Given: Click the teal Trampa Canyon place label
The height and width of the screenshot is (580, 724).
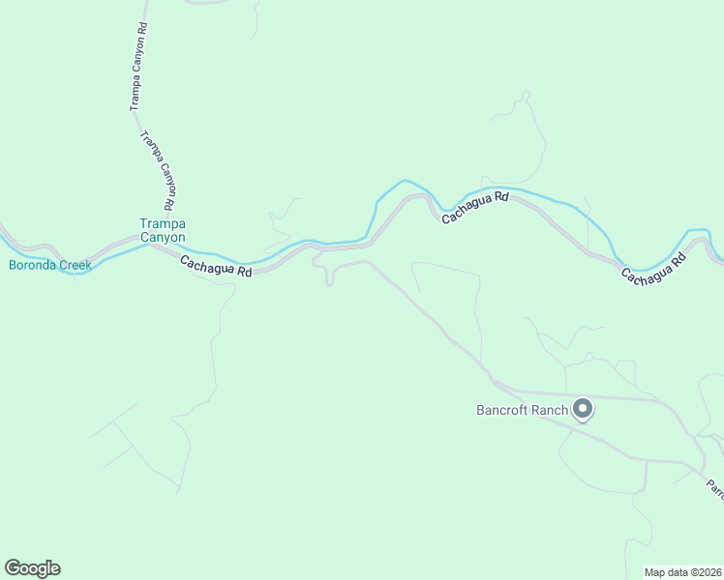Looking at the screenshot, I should tap(162, 229).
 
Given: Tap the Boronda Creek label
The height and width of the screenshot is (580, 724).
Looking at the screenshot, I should tap(50, 265).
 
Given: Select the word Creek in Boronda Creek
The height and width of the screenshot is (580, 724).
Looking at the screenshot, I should tap(75, 265).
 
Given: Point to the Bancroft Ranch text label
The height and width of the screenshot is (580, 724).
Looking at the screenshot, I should tap(521, 410).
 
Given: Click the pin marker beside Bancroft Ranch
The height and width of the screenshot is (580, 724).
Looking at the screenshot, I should tap(583, 409).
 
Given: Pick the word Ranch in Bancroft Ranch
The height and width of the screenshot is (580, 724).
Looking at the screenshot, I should tap(549, 410).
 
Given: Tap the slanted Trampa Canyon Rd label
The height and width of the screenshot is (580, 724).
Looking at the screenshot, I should tap(159, 171).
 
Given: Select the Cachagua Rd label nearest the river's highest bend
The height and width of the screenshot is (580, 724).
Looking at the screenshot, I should tap(475, 209).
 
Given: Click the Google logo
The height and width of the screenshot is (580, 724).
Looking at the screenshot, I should tap(32, 568).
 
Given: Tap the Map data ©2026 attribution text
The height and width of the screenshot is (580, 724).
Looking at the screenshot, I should tap(682, 571).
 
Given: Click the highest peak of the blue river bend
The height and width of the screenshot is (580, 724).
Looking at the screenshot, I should tap(405, 180).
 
